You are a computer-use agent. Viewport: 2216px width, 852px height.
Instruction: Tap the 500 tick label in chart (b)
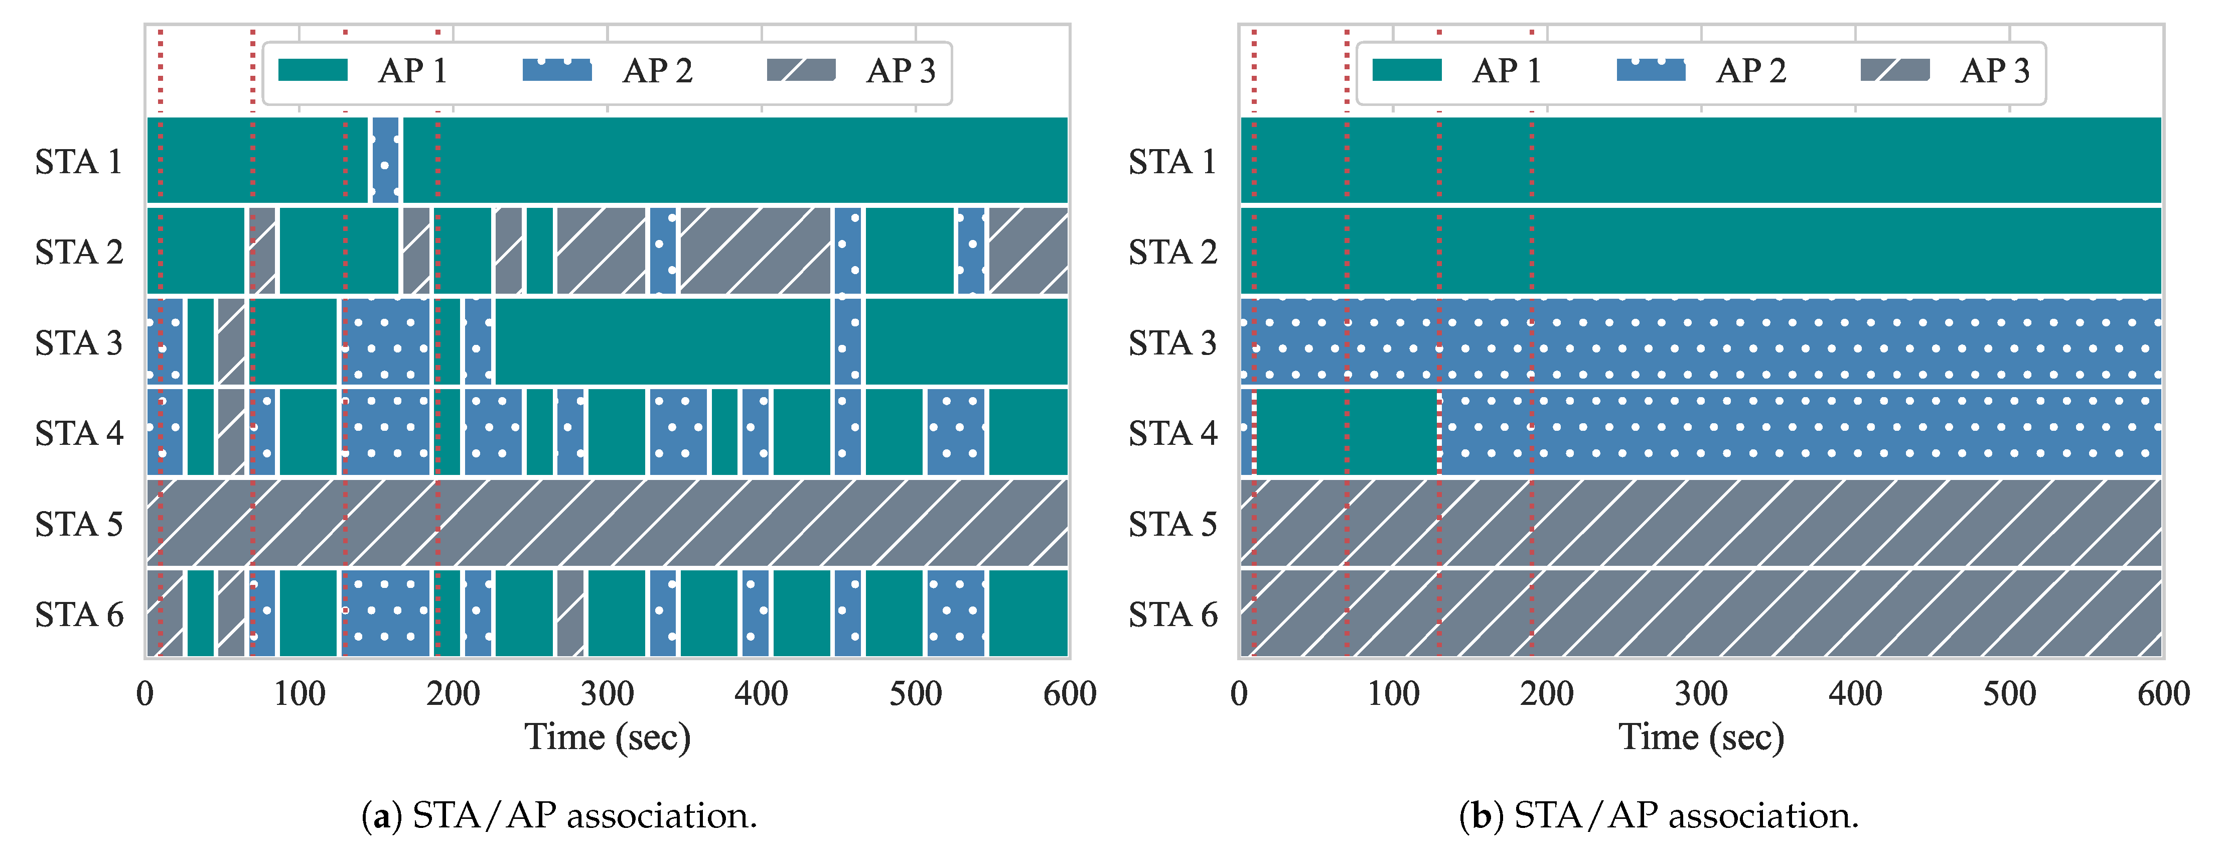(x=2009, y=694)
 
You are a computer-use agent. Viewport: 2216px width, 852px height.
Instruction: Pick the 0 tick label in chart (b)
(x=1239, y=694)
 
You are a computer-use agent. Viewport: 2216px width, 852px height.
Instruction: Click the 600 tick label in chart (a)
(x=1069, y=694)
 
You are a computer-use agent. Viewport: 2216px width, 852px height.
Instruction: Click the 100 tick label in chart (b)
(x=1393, y=694)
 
